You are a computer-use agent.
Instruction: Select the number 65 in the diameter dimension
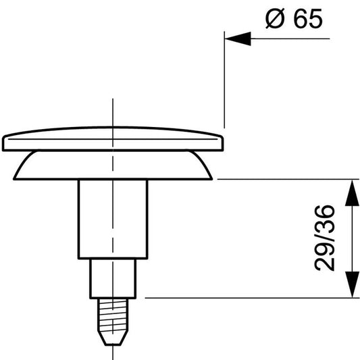308,20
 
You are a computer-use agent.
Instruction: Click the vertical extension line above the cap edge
223,81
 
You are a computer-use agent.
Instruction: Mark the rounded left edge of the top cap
5,143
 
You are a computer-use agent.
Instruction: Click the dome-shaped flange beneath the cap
112,166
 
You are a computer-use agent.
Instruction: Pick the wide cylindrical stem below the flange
112,220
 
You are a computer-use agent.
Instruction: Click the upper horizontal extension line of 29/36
284,180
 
